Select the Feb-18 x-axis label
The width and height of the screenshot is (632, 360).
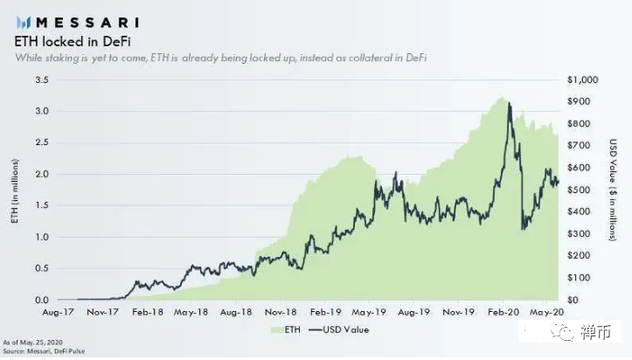146,311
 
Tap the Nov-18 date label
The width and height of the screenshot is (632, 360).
281,311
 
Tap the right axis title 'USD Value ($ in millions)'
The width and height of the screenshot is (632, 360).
615,190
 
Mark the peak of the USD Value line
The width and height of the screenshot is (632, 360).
509,104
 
